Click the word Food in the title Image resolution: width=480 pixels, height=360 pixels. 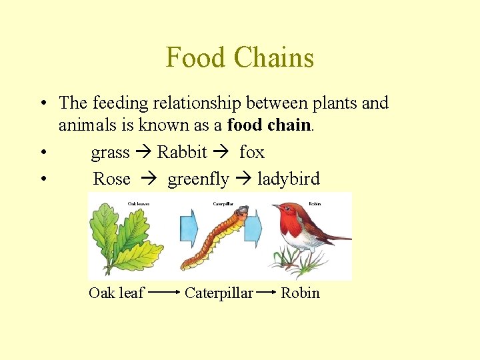coord(195,57)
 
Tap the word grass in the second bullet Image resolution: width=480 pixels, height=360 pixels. coord(110,153)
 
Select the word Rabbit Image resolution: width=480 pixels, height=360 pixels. coord(182,153)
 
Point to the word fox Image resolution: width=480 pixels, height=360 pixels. coord(251,153)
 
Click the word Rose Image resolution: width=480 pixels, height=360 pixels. coord(111,179)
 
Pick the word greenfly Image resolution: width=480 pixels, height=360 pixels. coord(198,179)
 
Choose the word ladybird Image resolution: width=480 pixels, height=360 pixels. coord(288,179)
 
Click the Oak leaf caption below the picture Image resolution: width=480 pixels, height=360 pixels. coord(116,293)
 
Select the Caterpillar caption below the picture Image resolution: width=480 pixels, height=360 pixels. coord(219,293)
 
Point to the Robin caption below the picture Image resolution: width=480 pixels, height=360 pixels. coord(300,293)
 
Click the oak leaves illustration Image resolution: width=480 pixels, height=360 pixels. coord(125,237)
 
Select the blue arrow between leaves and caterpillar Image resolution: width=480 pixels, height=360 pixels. coord(189,228)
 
